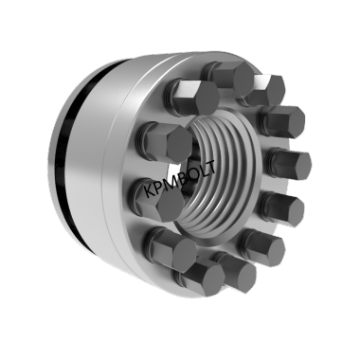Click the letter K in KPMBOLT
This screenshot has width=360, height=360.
pos(150,191)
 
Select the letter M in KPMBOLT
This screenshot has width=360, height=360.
pos(171,184)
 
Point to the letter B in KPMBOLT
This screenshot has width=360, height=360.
pos(181,179)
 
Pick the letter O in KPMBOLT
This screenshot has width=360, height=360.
pos(191,174)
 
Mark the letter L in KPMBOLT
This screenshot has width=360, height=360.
pos(202,171)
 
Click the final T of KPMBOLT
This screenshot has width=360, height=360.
pos(210,167)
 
